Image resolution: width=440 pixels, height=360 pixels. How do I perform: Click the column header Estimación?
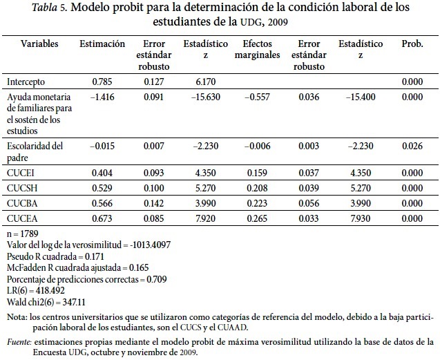[x=102, y=44]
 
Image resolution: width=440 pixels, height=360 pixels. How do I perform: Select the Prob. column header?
[x=412, y=44]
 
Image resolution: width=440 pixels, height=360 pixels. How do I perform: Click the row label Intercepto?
[x=27, y=82]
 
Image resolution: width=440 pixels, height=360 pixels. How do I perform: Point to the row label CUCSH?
[x=22, y=188]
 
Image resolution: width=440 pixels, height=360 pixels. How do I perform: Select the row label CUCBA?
[x=22, y=203]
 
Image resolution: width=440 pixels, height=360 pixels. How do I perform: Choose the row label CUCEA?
[x=22, y=218]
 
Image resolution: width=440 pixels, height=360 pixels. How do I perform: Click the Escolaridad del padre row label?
[x=34, y=151]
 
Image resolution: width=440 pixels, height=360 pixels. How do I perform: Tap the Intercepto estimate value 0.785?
[x=102, y=82]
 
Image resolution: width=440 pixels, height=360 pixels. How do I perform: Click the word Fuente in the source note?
[x=19, y=341]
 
